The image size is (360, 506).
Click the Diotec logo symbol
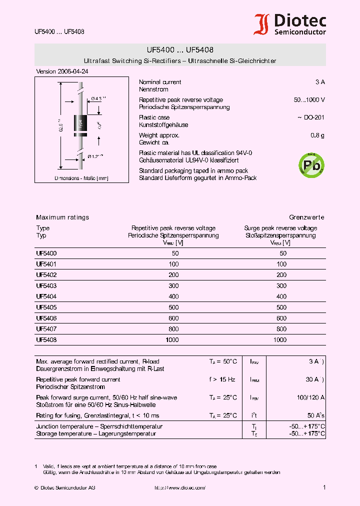(261, 24)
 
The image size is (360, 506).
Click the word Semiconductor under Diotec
(300, 32)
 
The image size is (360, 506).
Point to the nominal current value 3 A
(319, 82)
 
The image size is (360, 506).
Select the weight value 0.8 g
(317, 135)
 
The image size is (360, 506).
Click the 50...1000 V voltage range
(309, 100)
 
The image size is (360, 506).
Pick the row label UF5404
(46, 296)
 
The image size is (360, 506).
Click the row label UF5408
(46, 340)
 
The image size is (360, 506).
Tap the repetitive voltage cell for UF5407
(173, 329)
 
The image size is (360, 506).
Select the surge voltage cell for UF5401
(281, 264)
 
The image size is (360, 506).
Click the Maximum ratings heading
(62, 217)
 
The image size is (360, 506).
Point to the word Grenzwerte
(306, 217)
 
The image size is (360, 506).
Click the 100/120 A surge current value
(311, 397)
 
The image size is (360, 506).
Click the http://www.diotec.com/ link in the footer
(179, 487)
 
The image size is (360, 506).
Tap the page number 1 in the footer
(324, 487)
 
